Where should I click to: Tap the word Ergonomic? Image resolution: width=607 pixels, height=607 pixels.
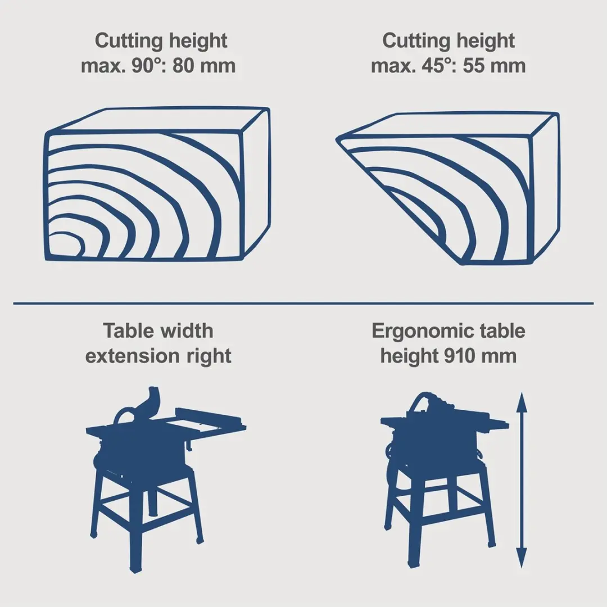(x=422, y=332)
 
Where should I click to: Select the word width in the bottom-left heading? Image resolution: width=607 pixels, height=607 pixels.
(x=187, y=332)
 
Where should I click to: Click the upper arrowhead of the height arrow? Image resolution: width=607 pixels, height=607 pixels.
(x=522, y=402)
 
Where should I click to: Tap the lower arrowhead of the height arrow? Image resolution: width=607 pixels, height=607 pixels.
(x=522, y=558)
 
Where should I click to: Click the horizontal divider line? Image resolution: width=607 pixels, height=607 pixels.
(x=303, y=303)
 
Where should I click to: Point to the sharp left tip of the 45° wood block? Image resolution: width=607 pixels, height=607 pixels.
(x=337, y=140)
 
